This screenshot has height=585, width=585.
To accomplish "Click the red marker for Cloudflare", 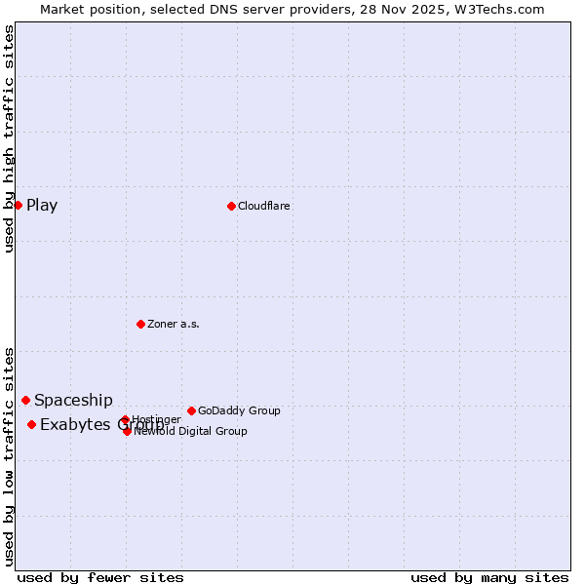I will click(x=231, y=206).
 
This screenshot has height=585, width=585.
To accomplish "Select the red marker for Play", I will click(x=18, y=205).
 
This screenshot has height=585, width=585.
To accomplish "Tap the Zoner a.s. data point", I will click(x=140, y=324).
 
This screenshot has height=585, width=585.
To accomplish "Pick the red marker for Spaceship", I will click(x=25, y=400).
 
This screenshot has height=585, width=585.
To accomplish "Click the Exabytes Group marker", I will click(x=31, y=424).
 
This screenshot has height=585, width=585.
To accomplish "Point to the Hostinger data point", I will click(x=125, y=420).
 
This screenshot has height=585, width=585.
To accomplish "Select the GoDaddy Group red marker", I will click(x=191, y=410).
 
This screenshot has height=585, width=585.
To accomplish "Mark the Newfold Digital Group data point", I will click(x=127, y=431).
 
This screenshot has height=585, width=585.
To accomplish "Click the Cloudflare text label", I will click(x=264, y=206).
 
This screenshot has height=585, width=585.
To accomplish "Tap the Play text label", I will click(x=42, y=205).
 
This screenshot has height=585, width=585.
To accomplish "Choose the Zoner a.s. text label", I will click(x=174, y=324).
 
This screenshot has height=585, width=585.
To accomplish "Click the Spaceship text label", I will click(x=73, y=400).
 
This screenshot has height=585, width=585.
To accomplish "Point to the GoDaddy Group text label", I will click(x=239, y=410).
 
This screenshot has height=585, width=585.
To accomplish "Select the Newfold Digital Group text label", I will click(x=190, y=431).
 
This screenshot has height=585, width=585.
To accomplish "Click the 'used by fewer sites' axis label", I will click(x=100, y=577).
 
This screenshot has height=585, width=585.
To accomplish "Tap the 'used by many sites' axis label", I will click(x=489, y=577).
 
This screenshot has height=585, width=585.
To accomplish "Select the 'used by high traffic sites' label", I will click(x=10, y=138).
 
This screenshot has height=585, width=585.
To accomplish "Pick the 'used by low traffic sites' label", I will click(x=10, y=455).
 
